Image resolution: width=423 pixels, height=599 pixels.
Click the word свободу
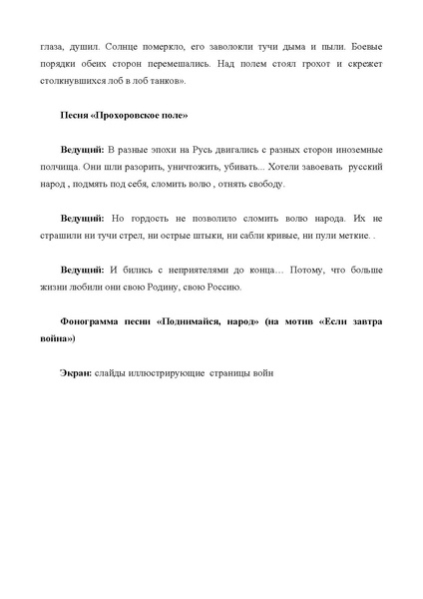262,185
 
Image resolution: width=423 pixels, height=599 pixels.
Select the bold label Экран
75,373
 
